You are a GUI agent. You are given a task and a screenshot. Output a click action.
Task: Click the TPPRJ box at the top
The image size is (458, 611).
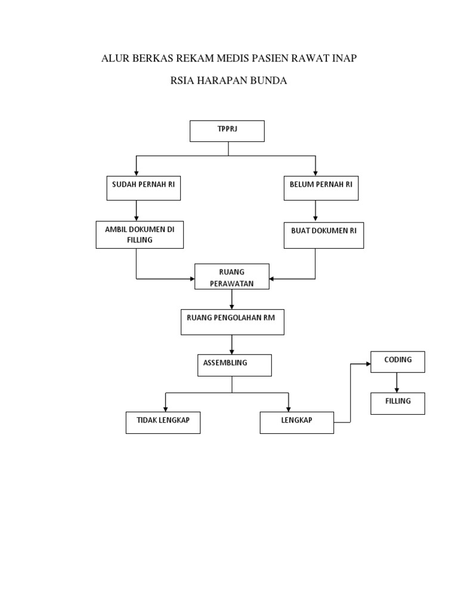(x=227, y=131)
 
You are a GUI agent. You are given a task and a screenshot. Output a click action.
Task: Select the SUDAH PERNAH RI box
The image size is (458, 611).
(x=143, y=189)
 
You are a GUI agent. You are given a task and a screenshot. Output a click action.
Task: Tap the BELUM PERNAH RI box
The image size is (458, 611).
(x=321, y=189)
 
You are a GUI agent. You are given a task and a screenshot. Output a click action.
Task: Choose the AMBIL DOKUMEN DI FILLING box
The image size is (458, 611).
(x=140, y=234)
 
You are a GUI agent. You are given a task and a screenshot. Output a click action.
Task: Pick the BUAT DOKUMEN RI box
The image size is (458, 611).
(x=324, y=234)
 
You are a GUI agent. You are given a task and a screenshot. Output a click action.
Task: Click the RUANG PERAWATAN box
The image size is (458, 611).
(x=231, y=277)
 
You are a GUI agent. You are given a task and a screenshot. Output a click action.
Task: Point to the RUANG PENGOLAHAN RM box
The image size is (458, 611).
(x=231, y=322)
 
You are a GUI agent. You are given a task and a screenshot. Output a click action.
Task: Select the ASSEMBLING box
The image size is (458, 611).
(x=234, y=365)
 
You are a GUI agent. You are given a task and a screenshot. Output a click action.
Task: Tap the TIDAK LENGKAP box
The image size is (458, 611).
(x=163, y=422)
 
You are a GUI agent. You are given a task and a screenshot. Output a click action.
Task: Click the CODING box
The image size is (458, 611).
(x=398, y=362)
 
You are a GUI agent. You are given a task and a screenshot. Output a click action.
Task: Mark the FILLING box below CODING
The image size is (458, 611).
(x=398, y=403)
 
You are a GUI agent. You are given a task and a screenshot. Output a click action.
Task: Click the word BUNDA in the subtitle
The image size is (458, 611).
(x=268, y=81)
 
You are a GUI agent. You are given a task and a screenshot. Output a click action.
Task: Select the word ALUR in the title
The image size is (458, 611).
(x=114, y=58)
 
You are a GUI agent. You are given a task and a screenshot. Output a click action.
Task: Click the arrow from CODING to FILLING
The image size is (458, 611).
(x=397, y=382)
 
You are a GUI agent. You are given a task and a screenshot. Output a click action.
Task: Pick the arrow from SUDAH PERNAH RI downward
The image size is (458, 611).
(x=137, y=210)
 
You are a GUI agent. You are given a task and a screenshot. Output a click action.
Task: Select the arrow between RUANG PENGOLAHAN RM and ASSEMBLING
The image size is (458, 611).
(x=232, y=344)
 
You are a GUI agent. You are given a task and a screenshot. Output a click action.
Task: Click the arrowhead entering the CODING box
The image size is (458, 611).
(x=367, y=363)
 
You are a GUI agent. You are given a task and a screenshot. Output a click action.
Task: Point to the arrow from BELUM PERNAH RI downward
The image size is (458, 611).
(x=315, y=210)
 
